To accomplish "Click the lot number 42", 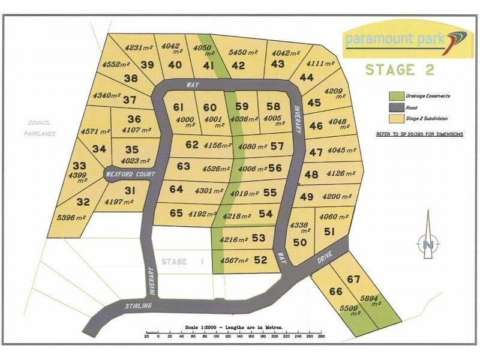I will coord(238,65).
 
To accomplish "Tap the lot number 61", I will coord(178,107).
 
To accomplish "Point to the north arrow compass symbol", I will coord(428,244).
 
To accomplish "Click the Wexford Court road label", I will coord(130,174).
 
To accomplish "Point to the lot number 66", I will coord(335,291).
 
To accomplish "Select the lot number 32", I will coord(83,202).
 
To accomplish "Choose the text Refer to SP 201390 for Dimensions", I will coord(419,135).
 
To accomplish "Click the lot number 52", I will coord(260,260).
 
